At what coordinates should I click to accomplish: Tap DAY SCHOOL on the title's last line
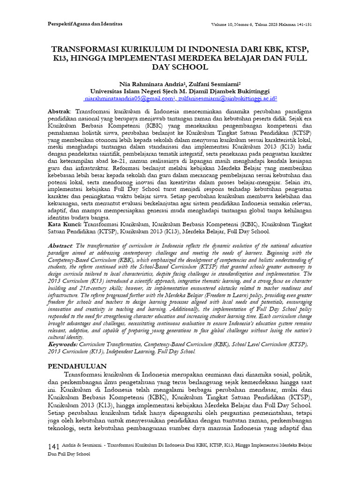pyautogui.click(x=180, y=67)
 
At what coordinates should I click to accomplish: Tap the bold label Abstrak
pyautogui.click(x=59, y=112)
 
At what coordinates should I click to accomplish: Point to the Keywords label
pyautogui.click(x=63, y=345)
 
